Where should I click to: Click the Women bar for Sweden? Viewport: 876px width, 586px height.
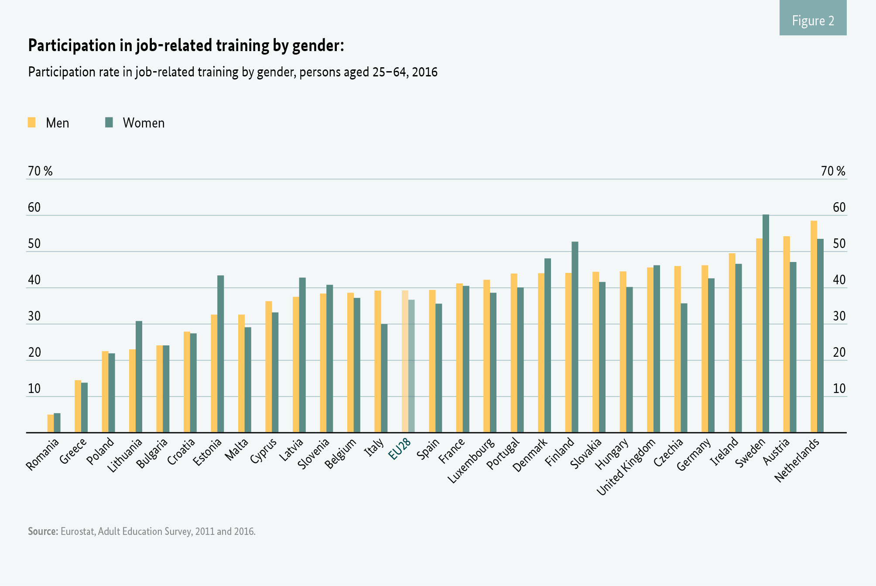point(766,323)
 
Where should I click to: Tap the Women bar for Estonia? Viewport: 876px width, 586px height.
point(221,354)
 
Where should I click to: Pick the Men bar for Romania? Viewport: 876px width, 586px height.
point(51,424)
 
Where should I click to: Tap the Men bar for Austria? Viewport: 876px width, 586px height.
point(787,334)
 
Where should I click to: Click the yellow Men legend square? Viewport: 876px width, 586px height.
point(32,122)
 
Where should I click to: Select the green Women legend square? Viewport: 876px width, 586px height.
point(109,122)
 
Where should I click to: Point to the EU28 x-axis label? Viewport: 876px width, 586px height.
point(400,449)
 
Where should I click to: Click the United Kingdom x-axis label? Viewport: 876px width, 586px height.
point(626,468)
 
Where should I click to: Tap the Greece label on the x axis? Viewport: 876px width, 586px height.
point(73,452)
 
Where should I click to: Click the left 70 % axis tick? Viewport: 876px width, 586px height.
point(40,171)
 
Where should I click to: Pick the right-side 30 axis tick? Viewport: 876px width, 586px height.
point(839,316)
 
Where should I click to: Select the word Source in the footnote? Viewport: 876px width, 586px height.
point(43,531)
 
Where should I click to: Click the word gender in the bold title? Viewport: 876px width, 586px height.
point(316,46)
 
